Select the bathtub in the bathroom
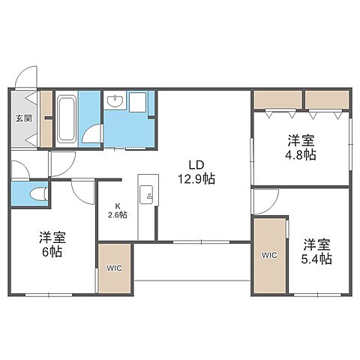65,119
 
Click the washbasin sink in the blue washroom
115,100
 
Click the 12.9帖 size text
197,180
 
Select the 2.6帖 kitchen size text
117,214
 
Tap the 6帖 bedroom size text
53,253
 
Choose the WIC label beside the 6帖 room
113,268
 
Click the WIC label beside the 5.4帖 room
269,255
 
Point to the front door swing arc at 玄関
28,76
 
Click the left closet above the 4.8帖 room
277,99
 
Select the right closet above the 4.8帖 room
326,99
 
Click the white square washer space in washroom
139,101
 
